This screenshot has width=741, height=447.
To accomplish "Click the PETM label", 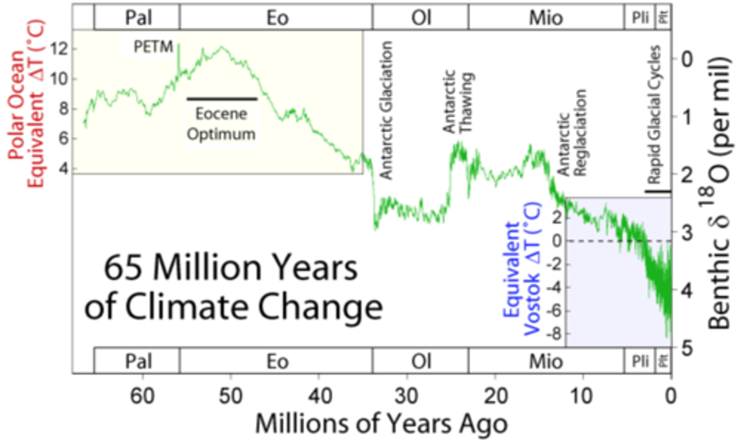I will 153,47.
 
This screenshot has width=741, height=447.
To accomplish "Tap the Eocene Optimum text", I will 221,124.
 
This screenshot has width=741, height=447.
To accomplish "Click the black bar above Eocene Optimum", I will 221,98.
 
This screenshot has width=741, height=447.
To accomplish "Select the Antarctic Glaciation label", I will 386,110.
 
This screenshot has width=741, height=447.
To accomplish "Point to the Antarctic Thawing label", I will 457,102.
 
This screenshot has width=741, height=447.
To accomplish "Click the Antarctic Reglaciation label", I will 572,133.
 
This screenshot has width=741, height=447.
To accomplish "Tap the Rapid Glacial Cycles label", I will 654,114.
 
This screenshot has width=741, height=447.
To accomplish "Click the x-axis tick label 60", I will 142,396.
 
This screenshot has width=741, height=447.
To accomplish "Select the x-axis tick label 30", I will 407,396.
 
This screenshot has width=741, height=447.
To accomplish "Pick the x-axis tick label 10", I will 583,396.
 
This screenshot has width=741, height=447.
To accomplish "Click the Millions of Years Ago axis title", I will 381,424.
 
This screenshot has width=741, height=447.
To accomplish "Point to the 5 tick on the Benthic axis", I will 687,348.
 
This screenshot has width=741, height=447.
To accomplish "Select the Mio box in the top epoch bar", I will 545,18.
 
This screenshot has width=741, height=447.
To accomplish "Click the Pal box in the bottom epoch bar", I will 137,361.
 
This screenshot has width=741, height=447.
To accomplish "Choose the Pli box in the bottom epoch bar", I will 640,361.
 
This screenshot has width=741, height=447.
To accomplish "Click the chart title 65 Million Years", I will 231,267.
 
